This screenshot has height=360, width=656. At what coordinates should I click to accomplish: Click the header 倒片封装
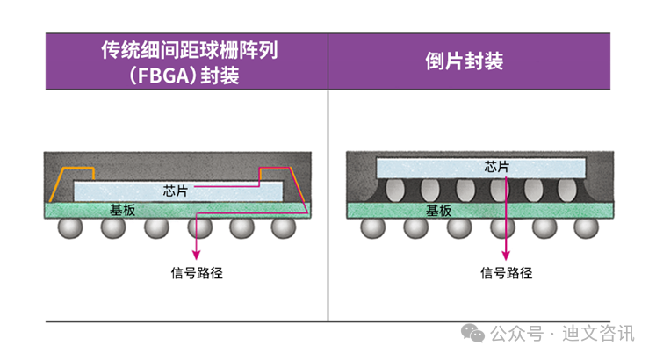point(467,61)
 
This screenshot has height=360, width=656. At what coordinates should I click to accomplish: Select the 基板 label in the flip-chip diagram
point(438,211)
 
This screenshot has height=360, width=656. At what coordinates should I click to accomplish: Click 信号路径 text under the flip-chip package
point(507,272)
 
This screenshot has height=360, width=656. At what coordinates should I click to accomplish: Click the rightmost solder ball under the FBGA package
point(283,228)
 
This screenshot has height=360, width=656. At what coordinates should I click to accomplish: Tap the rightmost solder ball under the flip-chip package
point(581,228)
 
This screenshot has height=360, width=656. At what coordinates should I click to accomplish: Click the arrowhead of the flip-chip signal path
point(507,251)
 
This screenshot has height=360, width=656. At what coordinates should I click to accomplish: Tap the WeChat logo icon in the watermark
point(473,333)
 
